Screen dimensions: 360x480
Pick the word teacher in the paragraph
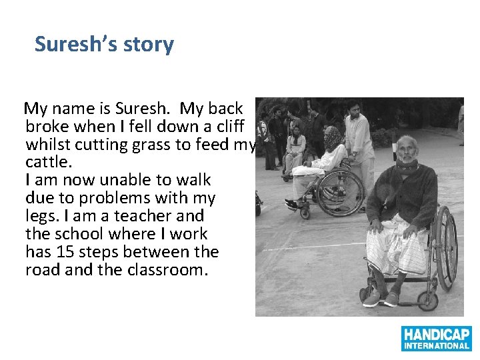[145, 216]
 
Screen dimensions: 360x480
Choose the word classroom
[169, 270]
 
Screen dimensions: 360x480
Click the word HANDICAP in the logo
[437, 334]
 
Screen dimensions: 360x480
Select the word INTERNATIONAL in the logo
[437, 345]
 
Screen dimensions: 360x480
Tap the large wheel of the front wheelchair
[445, 247]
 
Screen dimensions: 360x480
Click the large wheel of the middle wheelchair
[341, 193]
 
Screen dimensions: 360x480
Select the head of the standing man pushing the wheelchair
[354, 108]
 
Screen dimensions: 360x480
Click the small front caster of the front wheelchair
[365, 294]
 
